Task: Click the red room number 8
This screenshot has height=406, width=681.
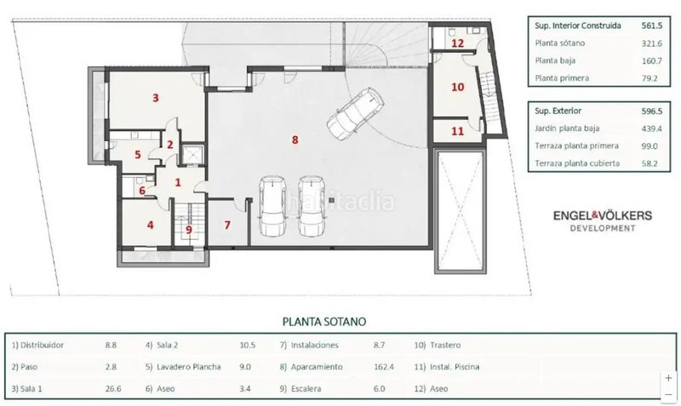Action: pos(295,140)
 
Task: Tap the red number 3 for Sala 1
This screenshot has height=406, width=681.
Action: pos(156,98)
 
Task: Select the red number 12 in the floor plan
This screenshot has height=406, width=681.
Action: pos(457,43)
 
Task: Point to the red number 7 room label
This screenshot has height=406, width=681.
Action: pos(227,225)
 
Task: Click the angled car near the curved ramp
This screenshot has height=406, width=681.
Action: pos(355,113)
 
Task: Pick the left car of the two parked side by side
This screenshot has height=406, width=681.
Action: pos(272,205)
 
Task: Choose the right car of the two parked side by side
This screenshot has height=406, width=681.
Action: pos(311,205)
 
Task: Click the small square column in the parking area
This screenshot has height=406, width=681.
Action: pos(332,200)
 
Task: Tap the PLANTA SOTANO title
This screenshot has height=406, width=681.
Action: pos(324,322)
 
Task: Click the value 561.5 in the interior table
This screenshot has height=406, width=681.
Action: pos(652,26)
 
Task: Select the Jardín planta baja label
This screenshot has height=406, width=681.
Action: pos(567,129)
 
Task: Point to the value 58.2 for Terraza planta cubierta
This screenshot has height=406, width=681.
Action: pos(650,163)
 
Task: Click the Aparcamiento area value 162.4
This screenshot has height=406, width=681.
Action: pos(384,367)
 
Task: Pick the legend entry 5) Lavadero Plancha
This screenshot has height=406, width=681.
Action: pos(183,367)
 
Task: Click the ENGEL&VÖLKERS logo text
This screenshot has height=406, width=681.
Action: pos(603,215)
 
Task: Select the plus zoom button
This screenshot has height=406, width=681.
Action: pos(668,378)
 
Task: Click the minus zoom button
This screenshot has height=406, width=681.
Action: pos(668,394)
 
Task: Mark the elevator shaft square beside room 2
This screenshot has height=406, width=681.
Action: pos(192,154)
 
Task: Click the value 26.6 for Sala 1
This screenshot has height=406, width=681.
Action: pos(113,389)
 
